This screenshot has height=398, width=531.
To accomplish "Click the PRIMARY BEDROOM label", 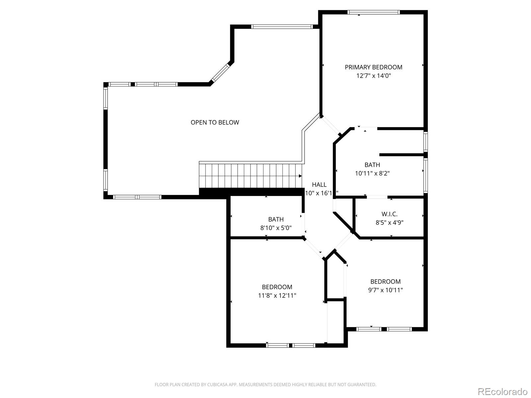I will click(373, 67).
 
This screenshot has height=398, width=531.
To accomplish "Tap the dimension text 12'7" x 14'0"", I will click(373, 76).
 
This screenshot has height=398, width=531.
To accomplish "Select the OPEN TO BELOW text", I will click(215, 122).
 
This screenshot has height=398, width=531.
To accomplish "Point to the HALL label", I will click(319, 185).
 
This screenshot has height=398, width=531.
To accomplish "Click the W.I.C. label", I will click(389, 214).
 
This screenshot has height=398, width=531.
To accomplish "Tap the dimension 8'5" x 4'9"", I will click(389, 223).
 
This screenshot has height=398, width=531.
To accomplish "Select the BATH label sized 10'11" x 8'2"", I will click(372, 165).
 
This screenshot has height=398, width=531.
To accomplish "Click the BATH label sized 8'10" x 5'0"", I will click(276, 219).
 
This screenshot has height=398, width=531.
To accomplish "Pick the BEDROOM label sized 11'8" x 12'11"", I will click(277, 287).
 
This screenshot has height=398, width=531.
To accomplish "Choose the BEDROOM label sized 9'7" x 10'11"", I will click(385, 282).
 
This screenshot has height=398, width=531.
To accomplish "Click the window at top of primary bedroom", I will click(373, 12).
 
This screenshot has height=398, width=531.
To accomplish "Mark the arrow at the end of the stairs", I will click(300, 176).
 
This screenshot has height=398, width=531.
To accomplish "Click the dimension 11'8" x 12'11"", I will click(277, 296).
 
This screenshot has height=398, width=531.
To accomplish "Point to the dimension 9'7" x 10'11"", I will click(385, 290).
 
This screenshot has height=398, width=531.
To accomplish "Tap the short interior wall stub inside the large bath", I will click(402, 155).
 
